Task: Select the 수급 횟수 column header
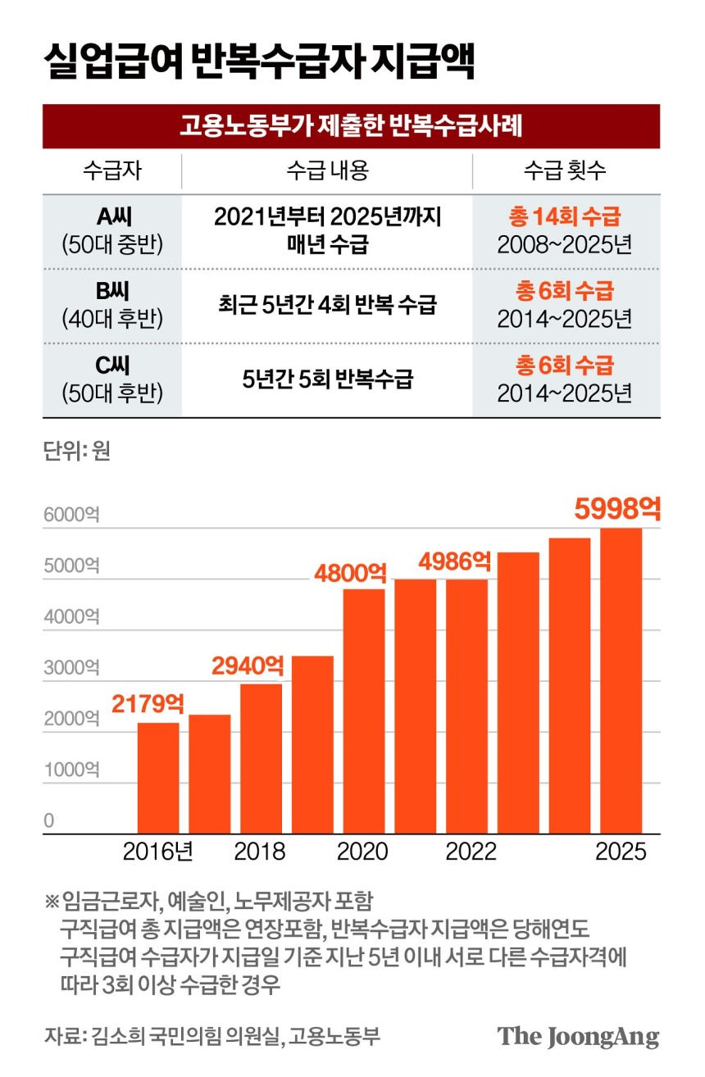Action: pos(565,170)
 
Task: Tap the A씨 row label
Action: pos(112,216)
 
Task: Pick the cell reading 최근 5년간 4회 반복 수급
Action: pos(326,305)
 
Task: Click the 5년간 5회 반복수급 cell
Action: pos(326,379)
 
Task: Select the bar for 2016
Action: pos(158,778)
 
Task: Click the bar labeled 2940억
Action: pos(261,758)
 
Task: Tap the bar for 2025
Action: pos(621,680)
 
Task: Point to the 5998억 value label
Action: pos(616,509)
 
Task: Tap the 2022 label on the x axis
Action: pos(471,852)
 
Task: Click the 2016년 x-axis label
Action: pos(158,852)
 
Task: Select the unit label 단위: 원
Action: pos(76,452)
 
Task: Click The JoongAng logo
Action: pos(578,1036)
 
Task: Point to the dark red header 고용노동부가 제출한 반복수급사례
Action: pos(351,126)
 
